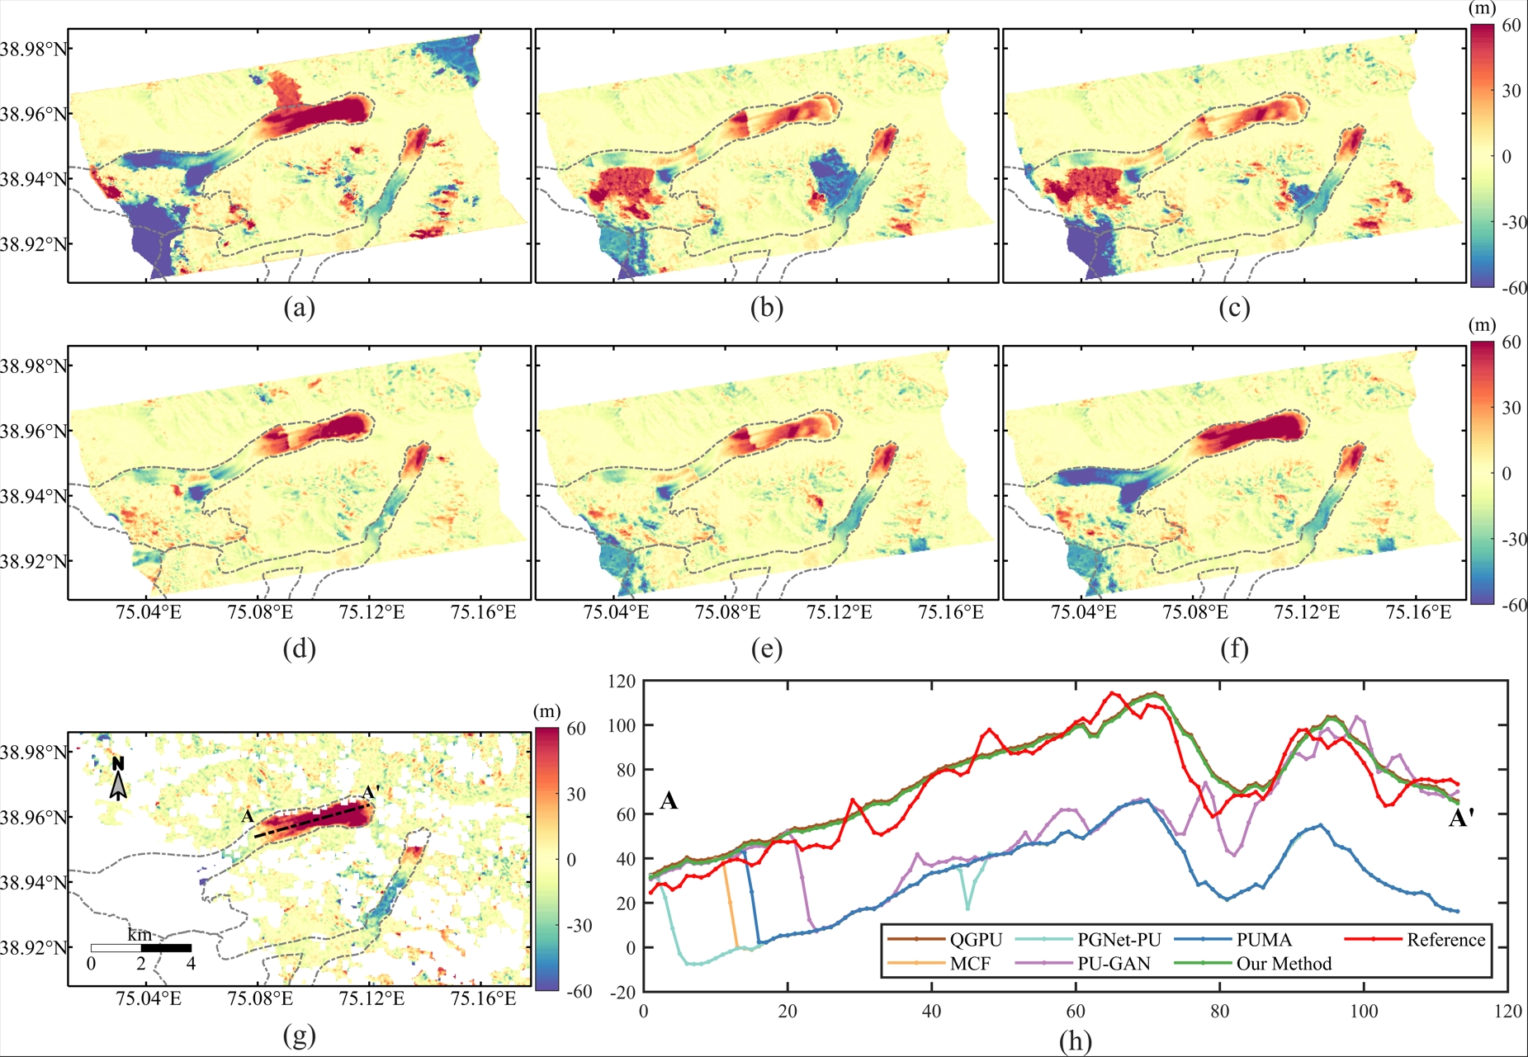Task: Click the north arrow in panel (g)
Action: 119,779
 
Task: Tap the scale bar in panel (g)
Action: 141,948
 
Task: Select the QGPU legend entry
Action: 945,940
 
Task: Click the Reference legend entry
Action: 1415,940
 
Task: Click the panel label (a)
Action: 299,308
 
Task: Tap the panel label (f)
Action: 1234,649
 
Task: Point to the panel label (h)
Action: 1075,1041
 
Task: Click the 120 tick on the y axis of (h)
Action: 622,682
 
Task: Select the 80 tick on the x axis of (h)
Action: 1219,1012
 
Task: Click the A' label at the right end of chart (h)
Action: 1462,819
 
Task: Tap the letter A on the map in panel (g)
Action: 248,817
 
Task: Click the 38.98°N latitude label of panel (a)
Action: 33,49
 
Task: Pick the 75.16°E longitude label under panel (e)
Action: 951,612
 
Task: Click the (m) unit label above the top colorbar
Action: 1483,9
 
